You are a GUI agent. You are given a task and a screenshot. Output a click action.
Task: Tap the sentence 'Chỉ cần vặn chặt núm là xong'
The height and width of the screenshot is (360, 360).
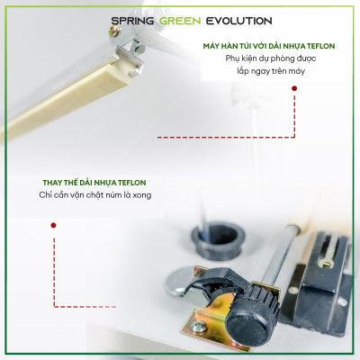click(x=93, y=195)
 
